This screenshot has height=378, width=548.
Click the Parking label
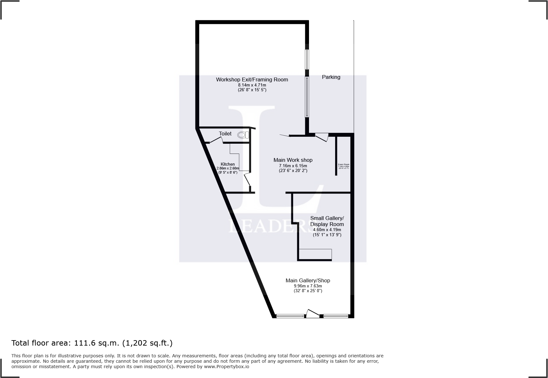tap(331, 77)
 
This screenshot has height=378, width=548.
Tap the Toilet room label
tap(225, 134)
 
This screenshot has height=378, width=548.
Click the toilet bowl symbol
tap(243, 135)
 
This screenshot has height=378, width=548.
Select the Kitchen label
tap(228, 164)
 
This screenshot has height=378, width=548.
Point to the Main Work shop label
tap(293, 160)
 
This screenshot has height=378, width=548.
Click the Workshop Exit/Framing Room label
tap(252, 79)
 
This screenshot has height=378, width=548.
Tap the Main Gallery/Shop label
tap(308, 280)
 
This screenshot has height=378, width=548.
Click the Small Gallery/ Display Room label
tap(327, 221)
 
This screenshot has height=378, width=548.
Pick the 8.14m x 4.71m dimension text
tap(252, 85)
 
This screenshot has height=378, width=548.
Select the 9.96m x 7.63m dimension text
tap(308, 286)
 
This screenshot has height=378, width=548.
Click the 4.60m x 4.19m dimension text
tap(327, 230)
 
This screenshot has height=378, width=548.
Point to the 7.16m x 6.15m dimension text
tap(293, 166)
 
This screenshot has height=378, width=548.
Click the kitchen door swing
tap(247, 180)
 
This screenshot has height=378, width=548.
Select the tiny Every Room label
tap(343, 165)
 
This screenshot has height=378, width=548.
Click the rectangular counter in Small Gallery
tap(315, 254)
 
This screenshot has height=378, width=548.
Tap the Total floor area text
tap(92, 343)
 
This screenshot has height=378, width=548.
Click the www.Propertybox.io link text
tap(226, 367)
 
